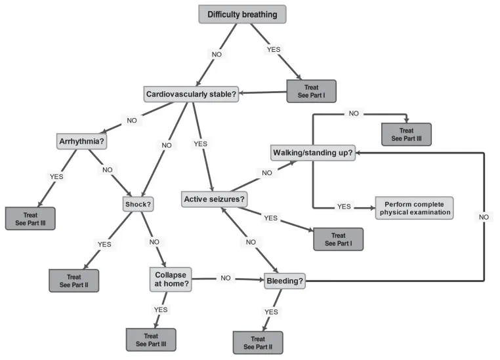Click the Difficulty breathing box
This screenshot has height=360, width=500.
click(242, 14)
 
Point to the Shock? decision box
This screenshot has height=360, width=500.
click(138, 204)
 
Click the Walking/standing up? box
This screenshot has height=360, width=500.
click(312, 153)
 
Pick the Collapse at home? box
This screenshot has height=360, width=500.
click(170, 279)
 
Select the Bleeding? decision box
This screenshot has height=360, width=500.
click(285, 282)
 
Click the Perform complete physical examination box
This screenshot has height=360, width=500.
click(414, 207)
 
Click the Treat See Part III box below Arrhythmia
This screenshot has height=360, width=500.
click(30, 218)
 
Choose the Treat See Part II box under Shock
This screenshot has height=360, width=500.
click(73, 280)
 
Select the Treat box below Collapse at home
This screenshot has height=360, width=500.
click(151, 339)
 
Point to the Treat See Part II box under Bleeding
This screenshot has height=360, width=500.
click(258, 342)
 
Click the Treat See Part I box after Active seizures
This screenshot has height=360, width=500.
click(338, 239)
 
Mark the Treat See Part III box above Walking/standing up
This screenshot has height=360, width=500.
click(407, 134)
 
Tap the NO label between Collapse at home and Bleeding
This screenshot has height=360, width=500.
click(225, 279)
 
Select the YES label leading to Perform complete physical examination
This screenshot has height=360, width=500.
click(344, 206)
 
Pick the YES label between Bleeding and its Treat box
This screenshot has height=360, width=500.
click(270, 312)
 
